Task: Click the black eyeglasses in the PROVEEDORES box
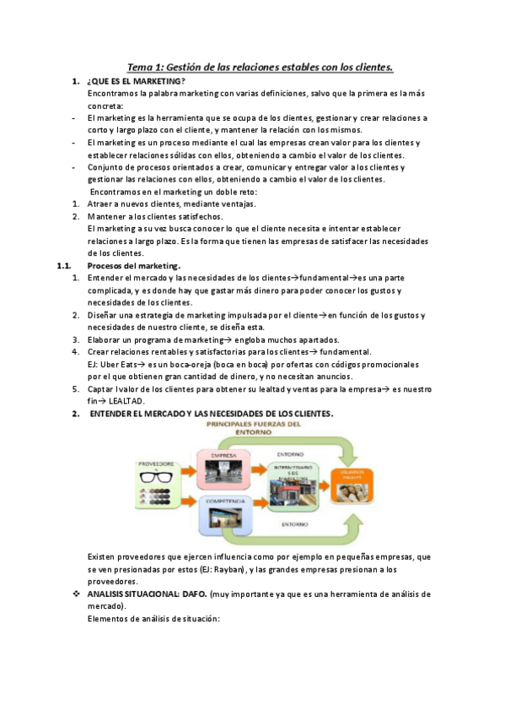tap(157, 477)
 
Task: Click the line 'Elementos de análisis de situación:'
tap(153, 619)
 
